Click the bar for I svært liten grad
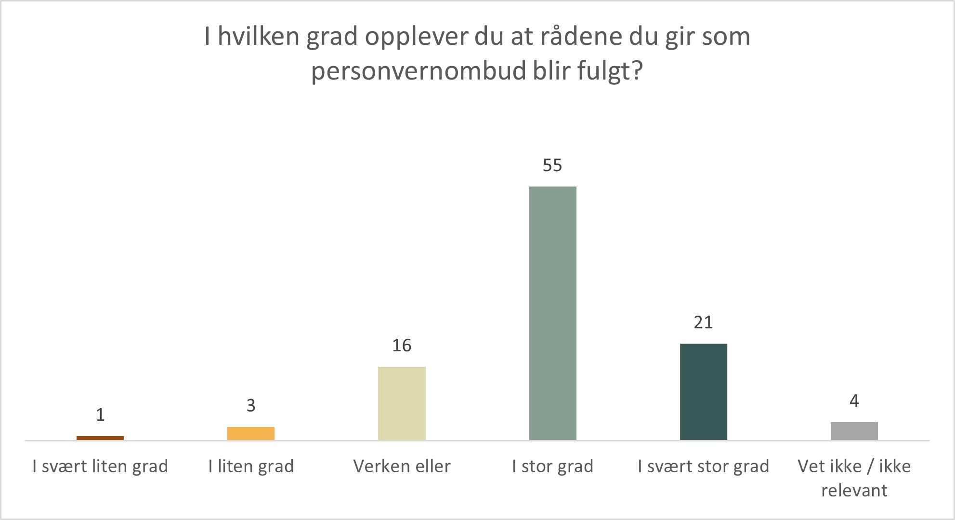point(100,438)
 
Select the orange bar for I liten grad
point(251,433)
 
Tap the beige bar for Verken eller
point(402,403)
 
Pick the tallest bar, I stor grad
point(552,313)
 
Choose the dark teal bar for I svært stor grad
point(703,391)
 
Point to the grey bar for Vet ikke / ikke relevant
point(854,431)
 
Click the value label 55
point(552,165)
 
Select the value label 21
point(703,322)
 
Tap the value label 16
point(402,346)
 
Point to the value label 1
point(100,415)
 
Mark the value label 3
point(251,406)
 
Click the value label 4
point(854,401)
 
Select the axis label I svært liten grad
point(100,466)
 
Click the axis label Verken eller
point(402,466)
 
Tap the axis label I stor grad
point(552,466)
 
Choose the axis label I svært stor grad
point(703,466)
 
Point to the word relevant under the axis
point(854,490)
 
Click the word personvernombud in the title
point(418,71)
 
